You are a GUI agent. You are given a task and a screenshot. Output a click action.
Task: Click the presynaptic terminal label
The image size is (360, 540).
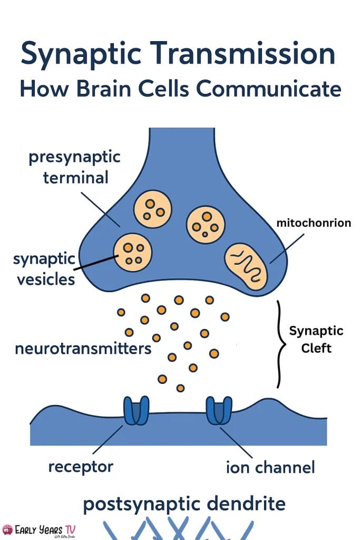75,167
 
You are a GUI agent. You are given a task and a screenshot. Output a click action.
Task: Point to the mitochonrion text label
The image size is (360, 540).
314,223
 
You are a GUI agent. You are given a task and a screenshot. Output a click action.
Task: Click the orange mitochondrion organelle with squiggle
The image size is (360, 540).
247,264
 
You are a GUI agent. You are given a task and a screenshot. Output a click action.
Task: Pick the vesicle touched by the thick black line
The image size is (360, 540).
133,252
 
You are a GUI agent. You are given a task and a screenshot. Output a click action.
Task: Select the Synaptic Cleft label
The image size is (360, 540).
316,340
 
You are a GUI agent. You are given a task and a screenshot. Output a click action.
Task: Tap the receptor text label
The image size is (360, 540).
81,466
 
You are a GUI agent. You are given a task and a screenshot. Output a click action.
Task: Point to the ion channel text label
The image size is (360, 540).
270,467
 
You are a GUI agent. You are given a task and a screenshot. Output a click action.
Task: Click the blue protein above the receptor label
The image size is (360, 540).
136,411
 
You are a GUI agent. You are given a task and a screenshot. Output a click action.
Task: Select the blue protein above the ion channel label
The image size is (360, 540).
219,410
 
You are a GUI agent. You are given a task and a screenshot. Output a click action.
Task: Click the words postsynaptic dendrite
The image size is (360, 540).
184,504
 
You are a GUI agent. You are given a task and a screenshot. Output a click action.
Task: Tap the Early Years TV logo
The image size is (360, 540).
42,529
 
